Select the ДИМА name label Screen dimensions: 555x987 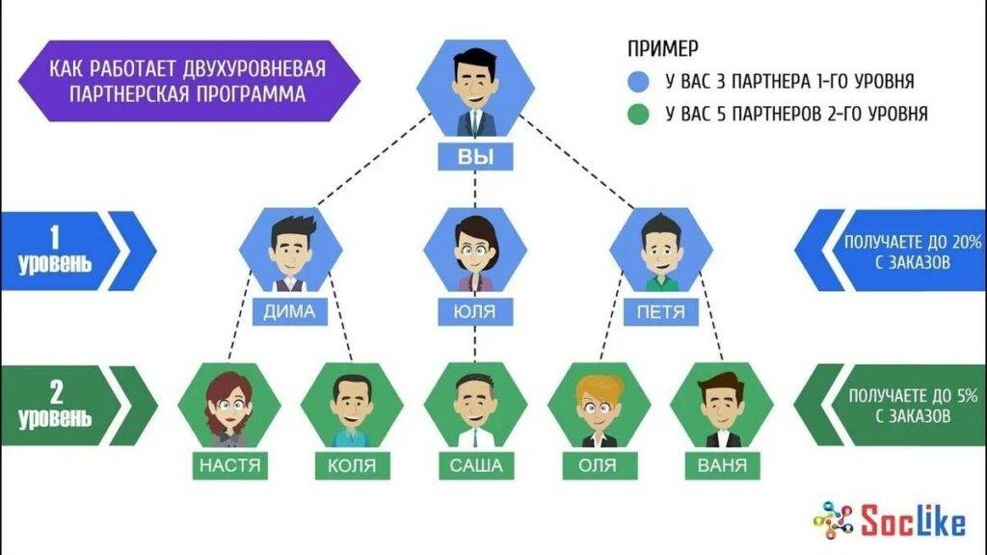tap(290, 310)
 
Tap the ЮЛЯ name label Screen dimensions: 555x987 tap(475, 310)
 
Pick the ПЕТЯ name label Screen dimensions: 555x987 tap(661, 310)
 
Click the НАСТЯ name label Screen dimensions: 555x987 tap(229, 466)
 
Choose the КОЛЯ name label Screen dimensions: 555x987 tap(352, 466)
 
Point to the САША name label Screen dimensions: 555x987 tap(475, 466)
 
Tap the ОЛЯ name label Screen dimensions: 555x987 tap(599, 466)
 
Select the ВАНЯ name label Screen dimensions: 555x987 tap(721, 466)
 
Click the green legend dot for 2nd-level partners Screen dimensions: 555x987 tap(639, 115)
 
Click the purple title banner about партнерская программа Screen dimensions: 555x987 tap(188, 82)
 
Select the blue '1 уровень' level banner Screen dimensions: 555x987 tap(67, 251)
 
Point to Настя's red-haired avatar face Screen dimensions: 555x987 tap(229, 405)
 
